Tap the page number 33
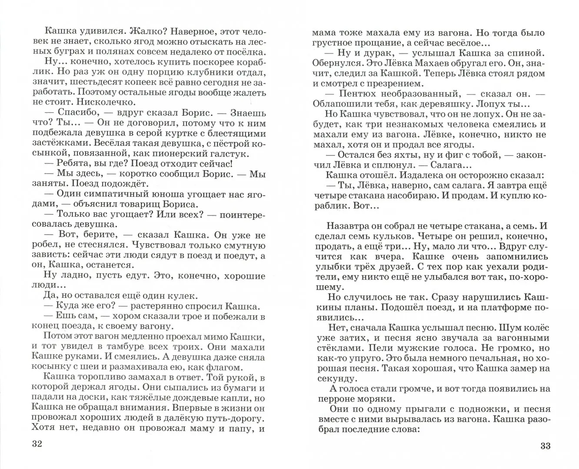pos(545,446)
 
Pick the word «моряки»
pos(376,398)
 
